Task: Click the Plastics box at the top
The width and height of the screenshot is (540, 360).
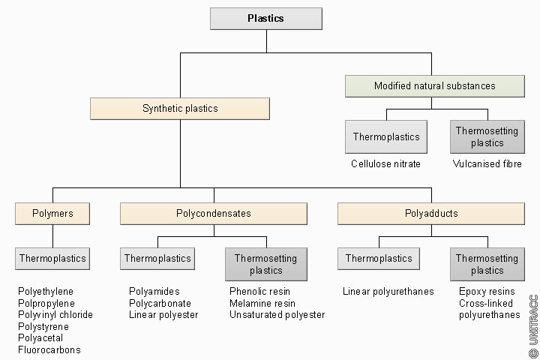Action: pyautogui.click(x=266, y=19)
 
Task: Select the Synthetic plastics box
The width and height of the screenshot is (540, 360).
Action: pyautogui.click(x=180, y=109)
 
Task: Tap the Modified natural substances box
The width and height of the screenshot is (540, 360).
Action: pyautogui.click(x=434, y=86)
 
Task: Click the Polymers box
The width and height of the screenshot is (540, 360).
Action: pyautogui.click(x=52, y=214)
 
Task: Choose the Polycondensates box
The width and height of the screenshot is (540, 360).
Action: pyautogui.click(x=214, y=214)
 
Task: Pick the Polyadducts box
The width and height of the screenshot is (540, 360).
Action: pyautogui.click(x=430, y=214)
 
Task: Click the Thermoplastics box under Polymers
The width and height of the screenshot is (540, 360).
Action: pyautogui.click(x=52, y=259)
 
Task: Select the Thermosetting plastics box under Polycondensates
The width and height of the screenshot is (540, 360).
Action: pyautogui.click(x=265, y=264)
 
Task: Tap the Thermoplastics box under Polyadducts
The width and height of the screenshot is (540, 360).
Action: pyautogui.click(x=378, y=259)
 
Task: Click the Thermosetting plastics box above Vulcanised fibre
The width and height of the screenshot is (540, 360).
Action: pyautogui.click(x=487, y=136)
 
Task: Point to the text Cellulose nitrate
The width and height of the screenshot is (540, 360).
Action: pyautogui.click(x=385, y=163)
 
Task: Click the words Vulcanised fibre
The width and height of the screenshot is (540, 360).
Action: pyautogui.click(x=487, y=163)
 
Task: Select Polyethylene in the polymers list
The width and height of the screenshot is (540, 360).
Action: pyautogui.click(x=46, y=291)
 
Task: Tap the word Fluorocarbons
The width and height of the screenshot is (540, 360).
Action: pyautogui.click(x=49, y=350)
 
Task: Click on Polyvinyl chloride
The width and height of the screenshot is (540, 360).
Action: pyautogui.click(x=55, y=315)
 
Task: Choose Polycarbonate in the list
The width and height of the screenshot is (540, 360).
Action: pyautogui.click(x=160, y=303)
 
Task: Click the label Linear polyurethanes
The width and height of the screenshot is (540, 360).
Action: pyautogui.click(x=388, y=291)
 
